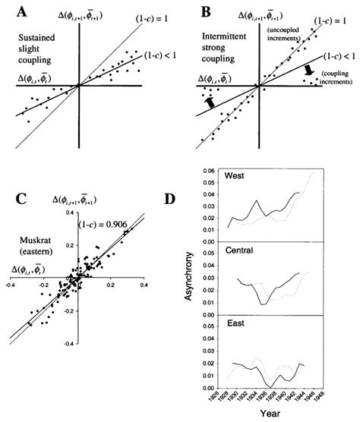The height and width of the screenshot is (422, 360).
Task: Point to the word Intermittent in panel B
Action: [x=220, y=36]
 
